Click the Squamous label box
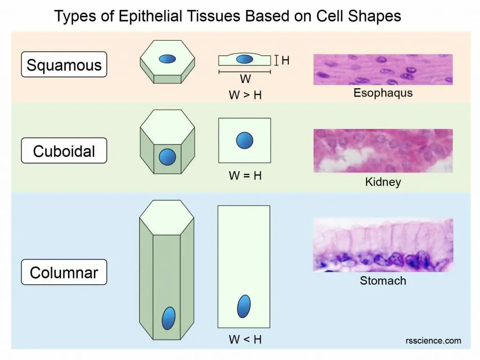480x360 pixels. pos(64,65)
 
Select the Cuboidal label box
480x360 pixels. pos(64,151)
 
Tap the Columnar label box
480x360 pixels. pos(64,272)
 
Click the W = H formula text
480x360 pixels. pos(245,176)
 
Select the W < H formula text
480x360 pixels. pos(245,339)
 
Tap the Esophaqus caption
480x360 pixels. pos(383,93)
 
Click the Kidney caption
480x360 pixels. pos(383,181)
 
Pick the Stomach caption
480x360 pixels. pos(383,281)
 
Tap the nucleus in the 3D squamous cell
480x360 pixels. pos(167,59)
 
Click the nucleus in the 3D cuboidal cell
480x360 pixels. pos(167,157)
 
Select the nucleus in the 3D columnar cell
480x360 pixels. pos(168,318)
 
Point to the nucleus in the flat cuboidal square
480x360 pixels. pos(244,140)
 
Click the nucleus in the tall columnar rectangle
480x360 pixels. pos(244,307)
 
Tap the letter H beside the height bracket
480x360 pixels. pos(285,60)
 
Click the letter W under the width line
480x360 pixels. pos(245,79)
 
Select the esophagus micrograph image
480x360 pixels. pos(383,69)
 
